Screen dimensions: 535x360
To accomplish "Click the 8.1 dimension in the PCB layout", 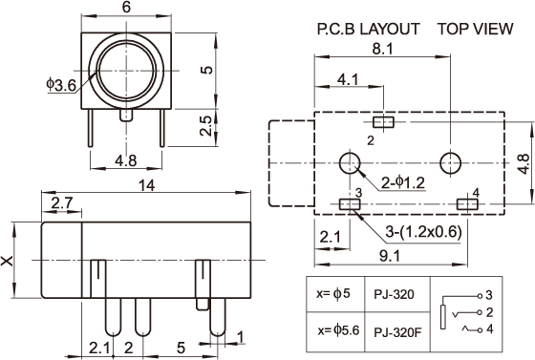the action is tap(382, 49).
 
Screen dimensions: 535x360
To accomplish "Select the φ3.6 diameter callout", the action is tap(61, 85).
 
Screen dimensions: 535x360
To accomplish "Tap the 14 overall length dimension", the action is tap(147, 185).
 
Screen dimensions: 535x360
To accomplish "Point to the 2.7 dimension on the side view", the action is tap(62, 203).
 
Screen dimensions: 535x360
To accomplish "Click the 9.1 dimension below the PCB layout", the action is tap(390, 256).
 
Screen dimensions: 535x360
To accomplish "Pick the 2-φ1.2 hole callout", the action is tap(403, 183).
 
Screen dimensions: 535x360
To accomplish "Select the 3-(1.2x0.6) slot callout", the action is tap(423, 232).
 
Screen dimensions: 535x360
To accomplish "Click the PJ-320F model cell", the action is tap(397, 332).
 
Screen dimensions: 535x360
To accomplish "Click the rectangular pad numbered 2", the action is tap(383, 122).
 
